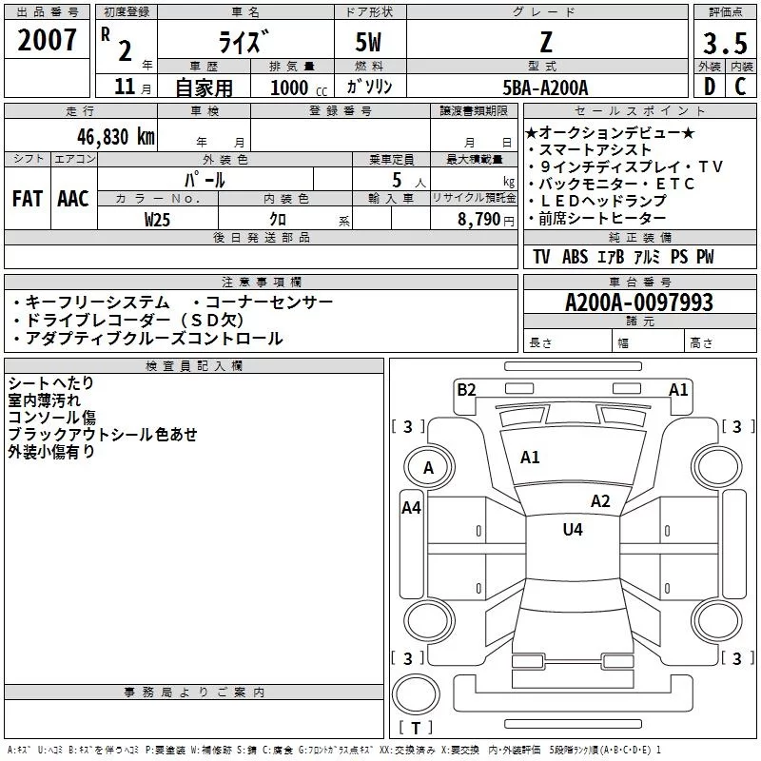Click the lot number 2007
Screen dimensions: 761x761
[x=47, y=40]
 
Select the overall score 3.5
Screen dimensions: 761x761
[x=724, y=45]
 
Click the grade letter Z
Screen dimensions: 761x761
[x=545, y=42]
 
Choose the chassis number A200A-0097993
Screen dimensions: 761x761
[x=638, y=302]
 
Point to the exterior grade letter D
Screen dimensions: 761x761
[x=709, y=87]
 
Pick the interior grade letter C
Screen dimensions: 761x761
[x=740, y=87]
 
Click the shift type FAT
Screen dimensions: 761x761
[x=27, y=199]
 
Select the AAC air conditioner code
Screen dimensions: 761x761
[x=72, y=199]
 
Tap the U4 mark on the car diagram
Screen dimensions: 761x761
[x=572, y=529]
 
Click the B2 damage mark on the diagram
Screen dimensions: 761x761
[x=466, y=388]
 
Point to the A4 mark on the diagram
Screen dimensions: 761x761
[x=411, y=508]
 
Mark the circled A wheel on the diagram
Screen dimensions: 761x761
[x=428, y=467]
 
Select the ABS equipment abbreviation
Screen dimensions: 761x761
[x=575, y=257]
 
